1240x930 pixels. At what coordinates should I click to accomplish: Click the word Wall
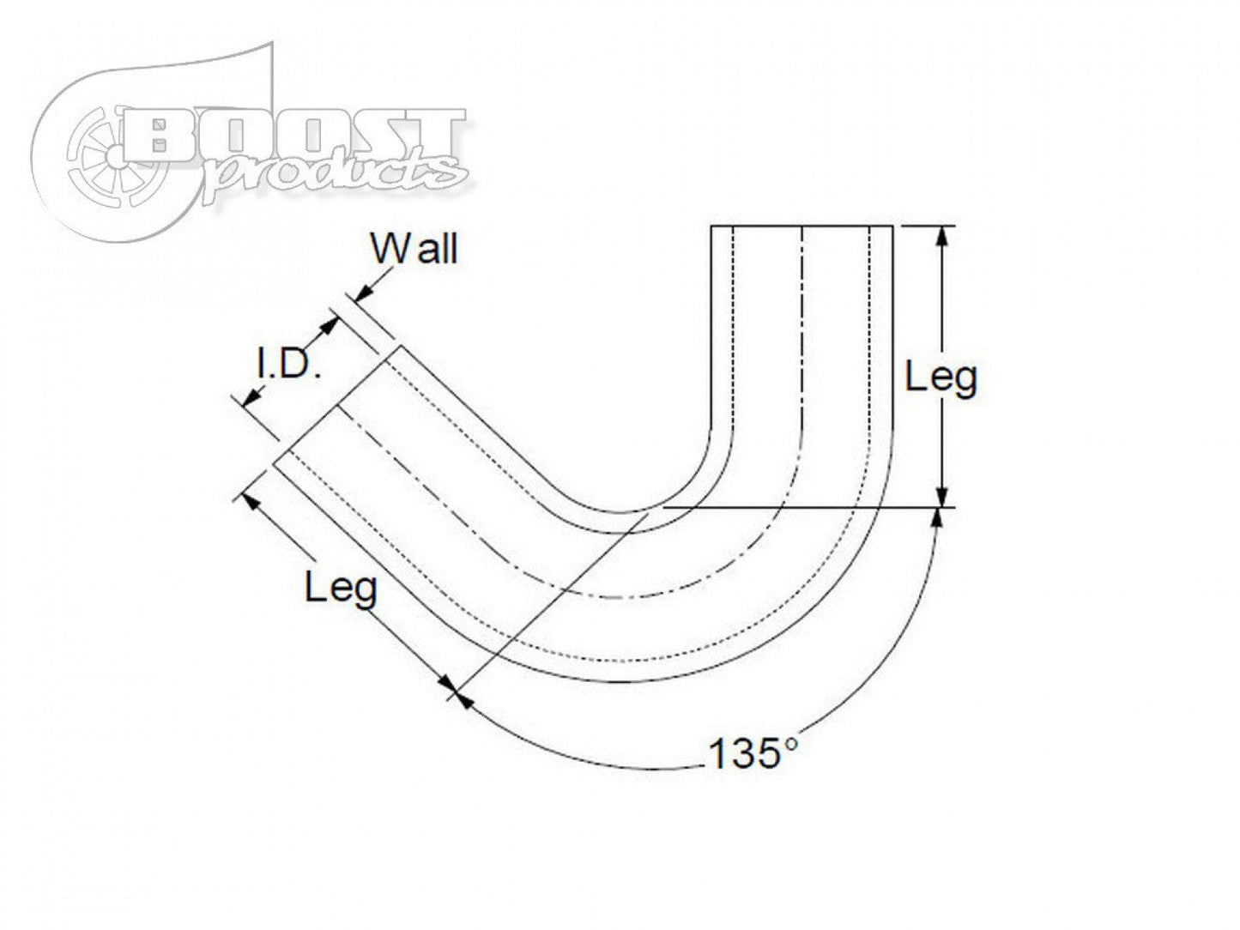[414, 248]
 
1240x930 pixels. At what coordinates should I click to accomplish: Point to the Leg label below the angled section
[341, 588]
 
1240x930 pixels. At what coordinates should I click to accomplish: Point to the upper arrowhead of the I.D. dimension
[329, 325]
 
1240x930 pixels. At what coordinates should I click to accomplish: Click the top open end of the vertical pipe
[801, 226]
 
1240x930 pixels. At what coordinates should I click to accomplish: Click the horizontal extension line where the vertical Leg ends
[798, 507]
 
